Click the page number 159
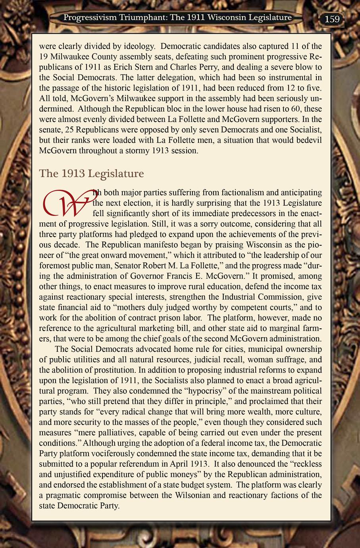(332, 19)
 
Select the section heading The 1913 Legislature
(91, 174)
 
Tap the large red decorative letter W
(65, 203)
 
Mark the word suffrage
(293, 360)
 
